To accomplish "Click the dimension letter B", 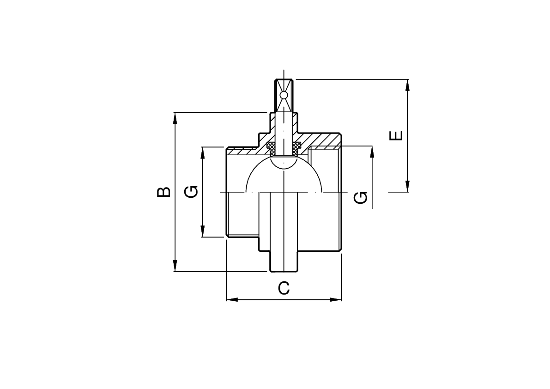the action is click(163, 192).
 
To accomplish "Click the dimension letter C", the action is click(284, 288).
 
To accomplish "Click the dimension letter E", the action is click(396, 135).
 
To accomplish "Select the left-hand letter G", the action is click(192, 192).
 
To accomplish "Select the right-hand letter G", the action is click(361, 197).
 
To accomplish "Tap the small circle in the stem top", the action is click(284, 95).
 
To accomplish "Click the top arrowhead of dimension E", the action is click(407, 85).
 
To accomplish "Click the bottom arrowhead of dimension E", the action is click(407, 186).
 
